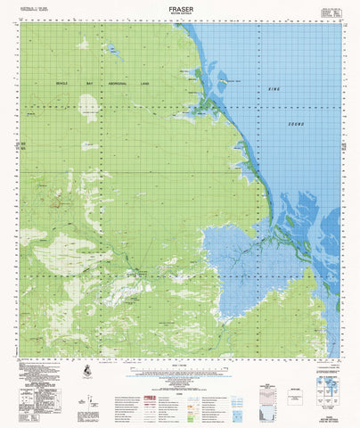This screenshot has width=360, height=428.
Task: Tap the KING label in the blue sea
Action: tap(274, 90)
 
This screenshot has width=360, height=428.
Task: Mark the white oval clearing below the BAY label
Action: tap(88, 107)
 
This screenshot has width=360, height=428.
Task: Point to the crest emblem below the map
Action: tap(85, 370)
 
